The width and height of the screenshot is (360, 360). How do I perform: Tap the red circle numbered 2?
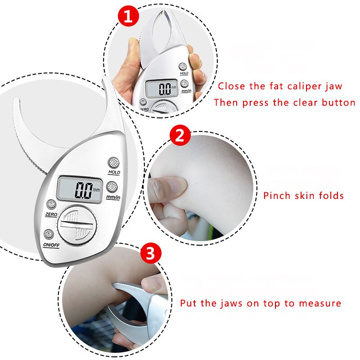pyautogui.click(x=180, y=136)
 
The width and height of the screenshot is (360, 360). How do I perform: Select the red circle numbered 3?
pyautogui.click(x=151, y=254)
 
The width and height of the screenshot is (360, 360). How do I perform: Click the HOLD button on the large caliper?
pyautogui.click(x=113, y=163)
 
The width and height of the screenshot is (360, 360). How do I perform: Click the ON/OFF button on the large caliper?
pyautogui.click(x=49, y=234)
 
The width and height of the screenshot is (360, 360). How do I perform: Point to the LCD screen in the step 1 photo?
pyautogui.click(x=161, y=88)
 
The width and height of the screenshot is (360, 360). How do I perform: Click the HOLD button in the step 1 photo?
pyautogui.click(x=184, y=66)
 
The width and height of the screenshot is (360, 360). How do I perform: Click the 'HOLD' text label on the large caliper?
pyautogui.click(x=114, y=172)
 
